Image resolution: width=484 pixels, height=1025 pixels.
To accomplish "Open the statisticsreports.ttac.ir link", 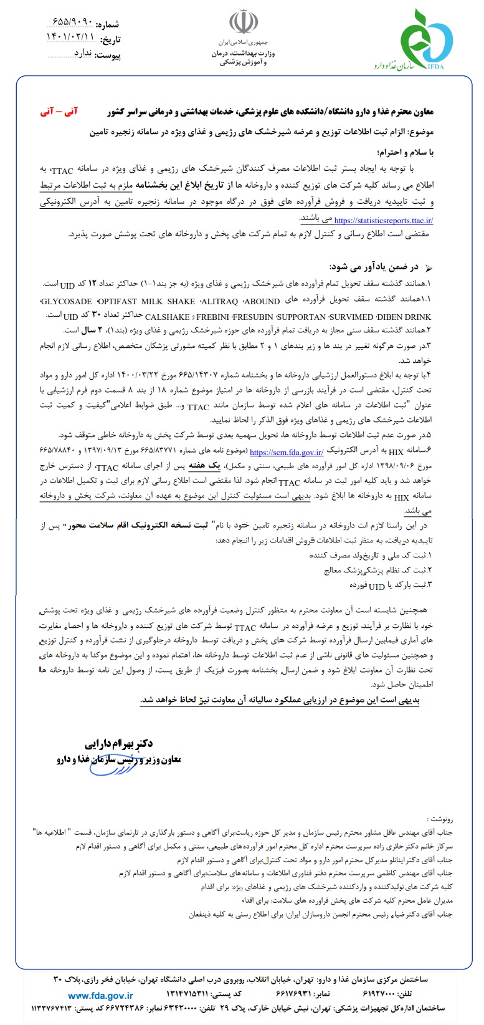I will pos(384,220).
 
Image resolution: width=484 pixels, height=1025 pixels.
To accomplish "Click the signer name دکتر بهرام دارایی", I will pos(119,744).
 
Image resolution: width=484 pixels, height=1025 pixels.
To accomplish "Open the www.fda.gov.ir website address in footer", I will pos(100,996).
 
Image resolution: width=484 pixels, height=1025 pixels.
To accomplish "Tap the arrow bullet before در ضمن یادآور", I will pos(427,268).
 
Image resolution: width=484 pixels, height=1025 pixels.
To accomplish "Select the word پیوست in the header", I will pos(108,55).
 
